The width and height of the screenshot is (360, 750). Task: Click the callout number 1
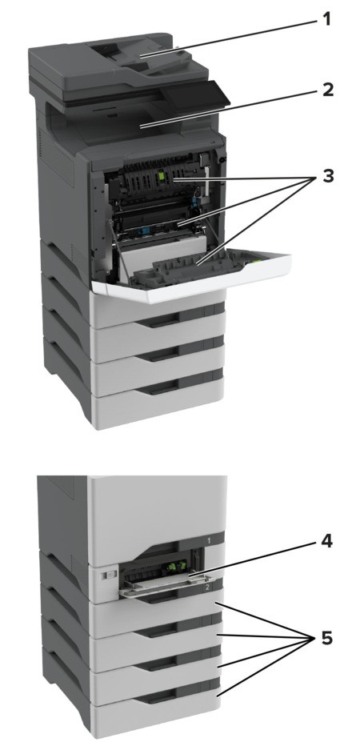pyautogui.click(x=326, y=18)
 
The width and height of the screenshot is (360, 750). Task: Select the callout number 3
pyautogui.click(x=326, y=177)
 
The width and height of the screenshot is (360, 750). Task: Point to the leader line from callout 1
pyautogui.click(x=240, y=35)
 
